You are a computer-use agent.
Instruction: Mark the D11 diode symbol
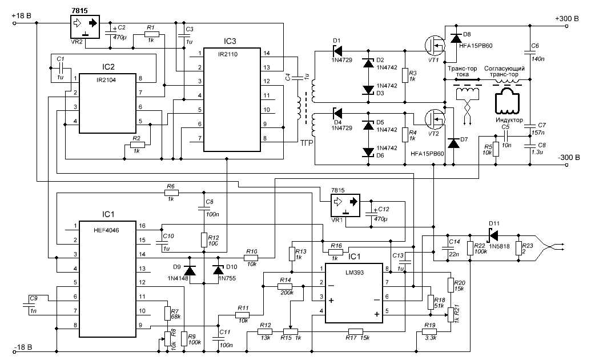[491, 234]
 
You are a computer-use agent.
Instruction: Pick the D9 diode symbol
[190, 270]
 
